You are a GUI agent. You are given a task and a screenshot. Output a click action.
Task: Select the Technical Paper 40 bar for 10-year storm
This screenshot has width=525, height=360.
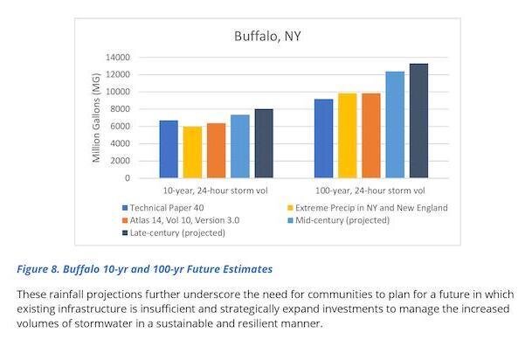169,149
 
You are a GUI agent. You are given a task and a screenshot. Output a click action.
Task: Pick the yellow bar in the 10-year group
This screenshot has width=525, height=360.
192,153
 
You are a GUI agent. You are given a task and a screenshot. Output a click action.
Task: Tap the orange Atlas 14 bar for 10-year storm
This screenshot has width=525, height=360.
216,151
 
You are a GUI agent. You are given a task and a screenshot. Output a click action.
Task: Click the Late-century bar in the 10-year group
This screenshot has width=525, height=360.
264,144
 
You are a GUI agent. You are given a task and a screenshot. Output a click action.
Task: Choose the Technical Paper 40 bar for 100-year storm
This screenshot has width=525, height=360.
322,139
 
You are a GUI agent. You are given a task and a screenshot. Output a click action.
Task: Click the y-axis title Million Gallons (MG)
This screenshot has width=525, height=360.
97,118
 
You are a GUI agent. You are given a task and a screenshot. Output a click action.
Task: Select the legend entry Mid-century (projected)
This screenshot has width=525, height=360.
345,220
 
